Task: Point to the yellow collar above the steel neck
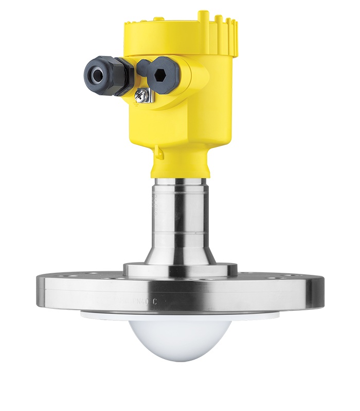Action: click(179, 164)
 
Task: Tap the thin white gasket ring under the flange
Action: click(179, 314)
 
